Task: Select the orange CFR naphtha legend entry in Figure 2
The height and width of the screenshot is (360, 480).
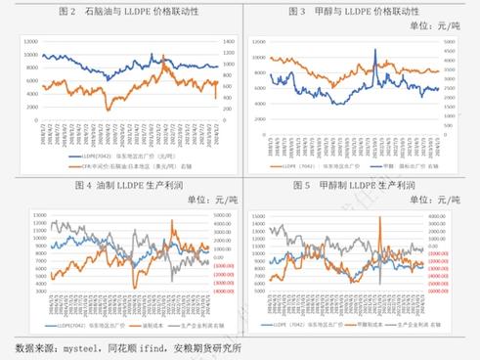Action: coord(117,166)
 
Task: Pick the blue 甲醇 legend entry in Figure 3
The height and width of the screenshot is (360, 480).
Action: coord(394,164)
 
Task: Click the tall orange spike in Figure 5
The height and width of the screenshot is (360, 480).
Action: coord(377,219)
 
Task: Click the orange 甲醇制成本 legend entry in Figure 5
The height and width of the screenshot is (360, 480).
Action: coord(367,323)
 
